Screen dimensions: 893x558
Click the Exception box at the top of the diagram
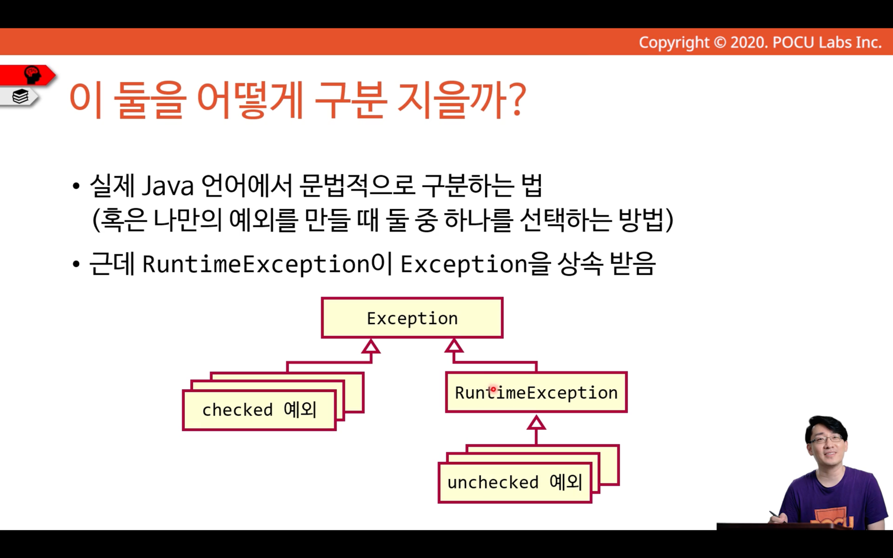click(x=412, y=318)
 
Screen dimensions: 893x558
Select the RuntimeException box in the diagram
click(x=536, y=392)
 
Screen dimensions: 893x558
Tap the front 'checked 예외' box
click(x=259, y=410)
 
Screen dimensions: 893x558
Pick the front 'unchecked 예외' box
click(x=514, y=482)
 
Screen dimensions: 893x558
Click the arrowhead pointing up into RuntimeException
click(x=536, y=423)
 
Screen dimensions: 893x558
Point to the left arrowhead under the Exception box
click(x=371, y=347)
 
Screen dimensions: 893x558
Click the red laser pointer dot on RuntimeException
click(x=493, y=389)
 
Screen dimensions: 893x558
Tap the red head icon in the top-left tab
click(x=32, y=74)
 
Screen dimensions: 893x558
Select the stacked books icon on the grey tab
click(x=20, y=96)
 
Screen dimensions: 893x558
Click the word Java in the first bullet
click(x=168, y=186)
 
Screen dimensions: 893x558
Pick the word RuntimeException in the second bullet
click(x=256, y=265)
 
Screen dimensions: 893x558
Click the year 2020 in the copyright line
click(x=748, y=43)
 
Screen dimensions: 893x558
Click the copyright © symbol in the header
click(x=719, y=43)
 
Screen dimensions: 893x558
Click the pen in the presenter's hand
click(x=776, y=514)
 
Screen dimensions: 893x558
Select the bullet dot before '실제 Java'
click(x=76, y=186)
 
